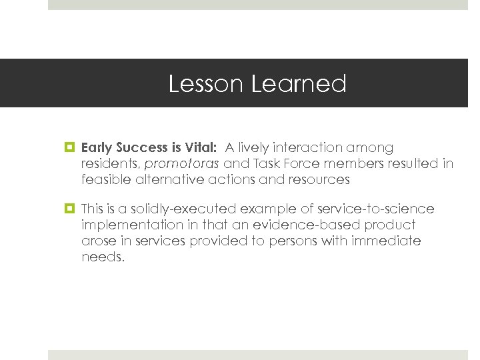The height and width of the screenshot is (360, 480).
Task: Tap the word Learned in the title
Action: click(x=299, y=85)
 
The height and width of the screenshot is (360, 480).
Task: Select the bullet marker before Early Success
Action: click(x=71, y=147)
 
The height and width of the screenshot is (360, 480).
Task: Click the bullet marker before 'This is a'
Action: click(x=71, y=209)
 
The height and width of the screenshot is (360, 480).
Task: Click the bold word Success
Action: click(x=143, y=147)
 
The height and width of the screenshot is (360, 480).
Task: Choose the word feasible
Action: click(x=106, y=179)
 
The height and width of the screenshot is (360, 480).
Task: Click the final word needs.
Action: click(x=103, y=257)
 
